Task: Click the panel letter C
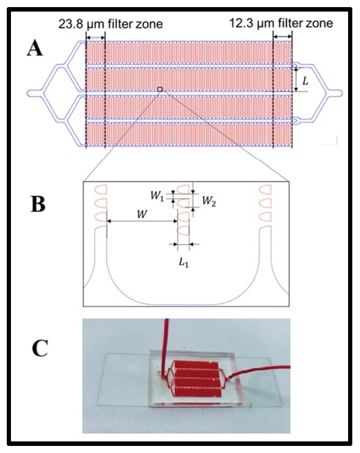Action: tap(40, 348)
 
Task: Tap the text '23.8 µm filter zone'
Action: tap(110, 24)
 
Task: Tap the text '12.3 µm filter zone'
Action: tap(281, 23)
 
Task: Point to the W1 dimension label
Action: tap(157, 196)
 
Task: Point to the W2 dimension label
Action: tap(209, 202)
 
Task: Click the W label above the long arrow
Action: tap(142, 214)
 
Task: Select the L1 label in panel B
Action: tap(184, 264)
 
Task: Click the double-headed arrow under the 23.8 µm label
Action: tap(96, 38)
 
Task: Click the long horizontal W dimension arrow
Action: tap(142, 221)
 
